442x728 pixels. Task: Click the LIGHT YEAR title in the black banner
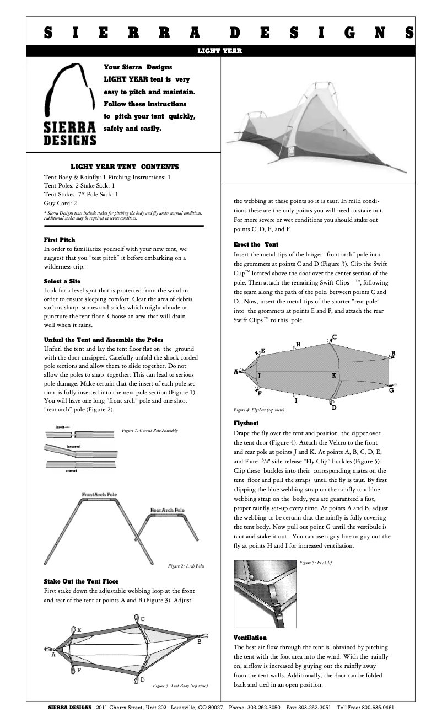pyautogui.click(x=220, y=51)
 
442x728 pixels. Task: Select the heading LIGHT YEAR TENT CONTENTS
pyautogui.click(x=125, y=167)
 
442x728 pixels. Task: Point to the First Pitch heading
pyautogui.click(x=60, y=240)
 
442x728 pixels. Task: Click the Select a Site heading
pyautogui.click(x=62, y=281)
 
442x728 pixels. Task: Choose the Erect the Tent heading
pyautogui.click(x=256, y=244)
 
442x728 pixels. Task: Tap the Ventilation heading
pyautogui.click(x=250, y=638)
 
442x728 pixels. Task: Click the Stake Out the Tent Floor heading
pyautogui.click(x=81, y=581)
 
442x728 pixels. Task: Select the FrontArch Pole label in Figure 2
pyautogui.click(x=100, y=495)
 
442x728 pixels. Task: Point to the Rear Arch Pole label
pyautogui.click(x=168, y=510)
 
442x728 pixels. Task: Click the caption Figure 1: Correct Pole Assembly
pyautogui.click(x=150, y=430)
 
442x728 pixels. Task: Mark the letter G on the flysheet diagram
pyautogui.click(x=391, y=390)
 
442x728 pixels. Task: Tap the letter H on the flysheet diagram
pyautogui.click(x=298, y=345)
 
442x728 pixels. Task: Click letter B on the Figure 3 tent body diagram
pyautogui.click(x=199, y=642)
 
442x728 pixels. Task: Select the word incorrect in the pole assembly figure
pyautogui.click(x=74, y=446)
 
